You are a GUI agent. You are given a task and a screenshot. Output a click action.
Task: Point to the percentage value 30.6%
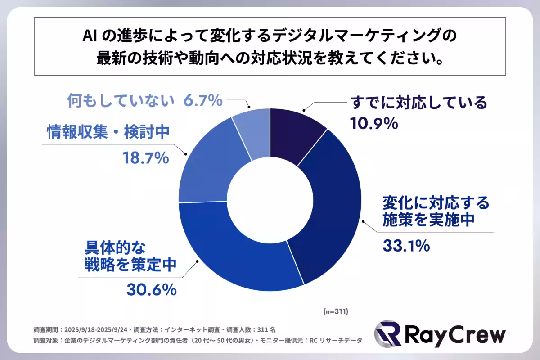[151, 290]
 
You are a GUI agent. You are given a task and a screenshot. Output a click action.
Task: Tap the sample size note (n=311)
[336, 311]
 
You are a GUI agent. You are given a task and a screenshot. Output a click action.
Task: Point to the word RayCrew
[454, 335]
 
